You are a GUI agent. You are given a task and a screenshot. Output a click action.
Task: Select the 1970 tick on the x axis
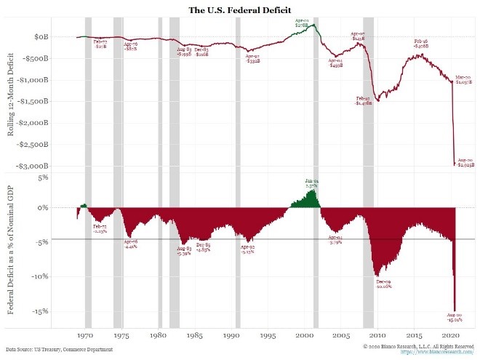86,337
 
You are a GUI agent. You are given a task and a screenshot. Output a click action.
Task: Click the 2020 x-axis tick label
451,337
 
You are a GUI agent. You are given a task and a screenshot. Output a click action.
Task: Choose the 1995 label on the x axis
268,337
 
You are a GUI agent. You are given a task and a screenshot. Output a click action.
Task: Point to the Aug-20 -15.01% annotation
454,317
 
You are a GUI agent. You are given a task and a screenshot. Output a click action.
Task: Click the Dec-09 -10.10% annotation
383,284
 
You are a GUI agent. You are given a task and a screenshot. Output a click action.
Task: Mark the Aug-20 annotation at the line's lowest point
465,162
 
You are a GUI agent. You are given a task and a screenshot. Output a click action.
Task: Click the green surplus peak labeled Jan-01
311,184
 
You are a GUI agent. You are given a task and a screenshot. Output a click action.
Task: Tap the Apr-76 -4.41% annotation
129,244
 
